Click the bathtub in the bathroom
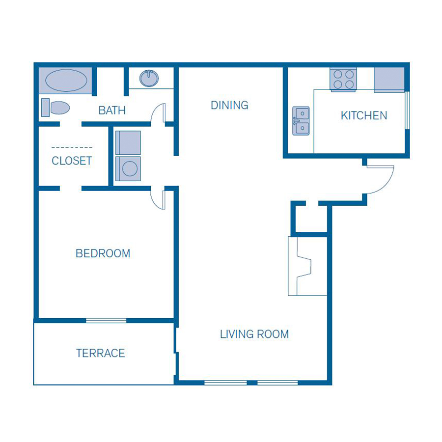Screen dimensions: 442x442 [x=66, y=81]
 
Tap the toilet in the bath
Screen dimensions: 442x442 [x=56, y=108]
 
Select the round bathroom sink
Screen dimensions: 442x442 [x=149, y=78]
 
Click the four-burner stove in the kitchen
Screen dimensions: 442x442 [x=343, y=80]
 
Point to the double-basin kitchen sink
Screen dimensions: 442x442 [x=301, y=121]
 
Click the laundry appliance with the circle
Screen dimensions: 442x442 [x=128, y=168]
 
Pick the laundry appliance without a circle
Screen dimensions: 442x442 [x=128, y=142]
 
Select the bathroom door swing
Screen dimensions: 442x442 [x=159, y=113]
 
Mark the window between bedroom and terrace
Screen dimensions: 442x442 [x=106, y=321]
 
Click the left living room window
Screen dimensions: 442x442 [x=225, y=382]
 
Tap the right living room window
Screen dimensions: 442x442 [x=277, y=382]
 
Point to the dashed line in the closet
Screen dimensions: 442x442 [x=72, y=147]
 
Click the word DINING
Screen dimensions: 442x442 [x=229, y=105]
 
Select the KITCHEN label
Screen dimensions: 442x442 [x=364, y=116]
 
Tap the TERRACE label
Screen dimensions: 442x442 [x=100, y=353]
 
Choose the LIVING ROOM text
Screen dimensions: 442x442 [x=254, y=334]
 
